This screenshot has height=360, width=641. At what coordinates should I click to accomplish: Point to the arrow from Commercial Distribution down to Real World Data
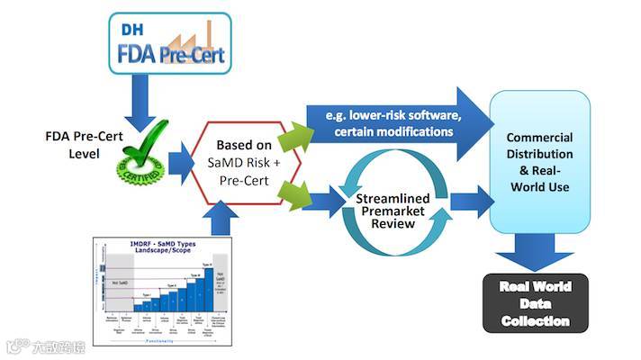pyautogui.click(x=537, y=251)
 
